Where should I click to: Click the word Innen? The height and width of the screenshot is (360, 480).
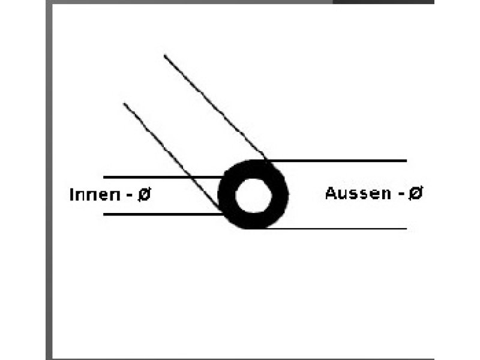[x=95, y=194]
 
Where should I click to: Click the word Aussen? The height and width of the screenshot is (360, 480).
[x=358, y=193]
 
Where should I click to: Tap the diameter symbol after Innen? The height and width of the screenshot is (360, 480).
[x=145, y=194]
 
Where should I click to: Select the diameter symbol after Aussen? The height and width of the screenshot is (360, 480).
[x=416, y=193]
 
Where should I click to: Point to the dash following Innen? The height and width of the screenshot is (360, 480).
[x=130, y=196]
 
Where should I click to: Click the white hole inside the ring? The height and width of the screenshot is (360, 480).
[x=253, y=196]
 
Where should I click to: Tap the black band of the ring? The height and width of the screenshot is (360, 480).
[x=227, y=195]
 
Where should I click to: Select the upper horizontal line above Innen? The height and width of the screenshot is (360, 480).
[x=162, y=177]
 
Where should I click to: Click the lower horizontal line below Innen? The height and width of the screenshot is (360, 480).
[x=163, y=214]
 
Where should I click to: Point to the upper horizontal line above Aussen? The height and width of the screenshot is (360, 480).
[x=337, y=160]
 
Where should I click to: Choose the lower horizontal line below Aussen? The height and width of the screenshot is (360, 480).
[x=337, y=229]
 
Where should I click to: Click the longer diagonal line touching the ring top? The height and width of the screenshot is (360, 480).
[x=215, y=107]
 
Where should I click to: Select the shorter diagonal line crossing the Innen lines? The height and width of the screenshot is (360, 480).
[x=172, y=157]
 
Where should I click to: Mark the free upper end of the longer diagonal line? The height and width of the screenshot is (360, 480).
[x=164, y=55]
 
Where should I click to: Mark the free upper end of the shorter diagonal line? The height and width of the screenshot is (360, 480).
[x=124, y=103]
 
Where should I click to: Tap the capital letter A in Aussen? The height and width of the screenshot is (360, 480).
[x=331, y=193]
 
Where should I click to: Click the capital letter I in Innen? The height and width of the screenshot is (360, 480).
[x=71, y=194]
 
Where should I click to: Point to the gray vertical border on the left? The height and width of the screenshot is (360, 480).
[x=49, y=180]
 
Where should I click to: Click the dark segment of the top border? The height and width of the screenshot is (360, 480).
[x=383, y=2]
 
